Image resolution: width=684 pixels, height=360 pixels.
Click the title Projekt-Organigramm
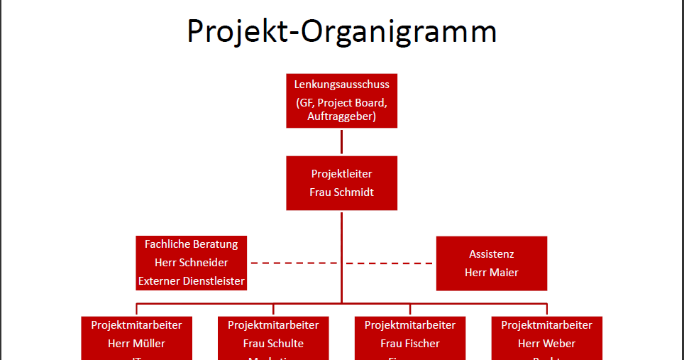click(341, 33)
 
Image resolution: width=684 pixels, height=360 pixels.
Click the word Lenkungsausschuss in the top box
click(341, 84)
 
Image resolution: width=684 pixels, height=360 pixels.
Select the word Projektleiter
click(341, 174)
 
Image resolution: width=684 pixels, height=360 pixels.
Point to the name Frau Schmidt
click(341, 192)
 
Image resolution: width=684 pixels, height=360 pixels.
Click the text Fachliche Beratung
click(192, 244)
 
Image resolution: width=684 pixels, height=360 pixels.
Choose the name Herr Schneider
click(192, 263)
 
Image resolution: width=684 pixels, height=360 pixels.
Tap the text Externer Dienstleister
click(192, 281)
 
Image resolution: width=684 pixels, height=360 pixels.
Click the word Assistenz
click(492, 253)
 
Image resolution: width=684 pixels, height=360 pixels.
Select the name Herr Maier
click(492, 272)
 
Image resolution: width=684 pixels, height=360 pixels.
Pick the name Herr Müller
click(137, 344)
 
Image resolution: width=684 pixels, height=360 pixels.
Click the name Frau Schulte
click(273, 344)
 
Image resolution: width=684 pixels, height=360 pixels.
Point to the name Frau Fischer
click(410, 344)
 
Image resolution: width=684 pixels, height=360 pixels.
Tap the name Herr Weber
click(546, 344)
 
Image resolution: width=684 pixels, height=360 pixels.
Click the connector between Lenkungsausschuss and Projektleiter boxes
click(341, 142)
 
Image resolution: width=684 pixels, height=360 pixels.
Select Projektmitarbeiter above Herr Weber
click(546, 325)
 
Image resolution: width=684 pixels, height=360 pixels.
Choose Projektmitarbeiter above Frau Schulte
click(273, 325)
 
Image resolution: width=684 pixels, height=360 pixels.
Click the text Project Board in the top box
click(353, 102)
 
